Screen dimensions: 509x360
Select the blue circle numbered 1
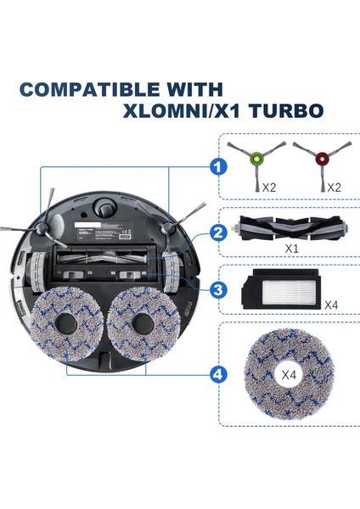pyautogui.click(x=219, y=167)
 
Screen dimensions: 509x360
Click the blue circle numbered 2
pyautogui.click(x=219, y=232)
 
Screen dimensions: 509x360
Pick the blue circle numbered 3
pyautogui.click(x=219, y=290)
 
